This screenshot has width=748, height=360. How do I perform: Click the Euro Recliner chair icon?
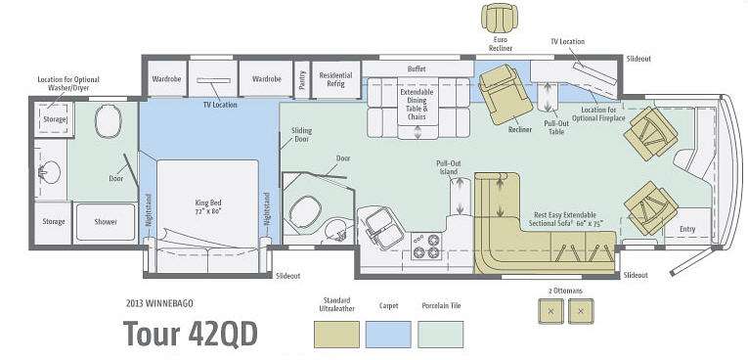point(499,18)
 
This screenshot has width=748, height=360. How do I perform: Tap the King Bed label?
point(208,206)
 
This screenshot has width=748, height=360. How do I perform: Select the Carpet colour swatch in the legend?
point(388,335)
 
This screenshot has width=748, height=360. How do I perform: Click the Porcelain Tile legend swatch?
point(440,335)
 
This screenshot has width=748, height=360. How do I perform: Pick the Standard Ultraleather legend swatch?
point(336,335)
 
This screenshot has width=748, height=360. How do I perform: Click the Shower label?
point(106,222)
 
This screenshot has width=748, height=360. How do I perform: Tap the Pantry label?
point(302,79)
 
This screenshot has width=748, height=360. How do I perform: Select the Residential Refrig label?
point(335,79)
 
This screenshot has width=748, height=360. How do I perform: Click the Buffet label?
point(417,68)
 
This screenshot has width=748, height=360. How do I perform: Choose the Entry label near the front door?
point(687,229)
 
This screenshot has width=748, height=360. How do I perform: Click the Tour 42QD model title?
point(191,333)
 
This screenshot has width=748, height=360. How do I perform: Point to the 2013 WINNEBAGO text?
point(160,302)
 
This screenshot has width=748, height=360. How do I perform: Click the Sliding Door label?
point(301,135)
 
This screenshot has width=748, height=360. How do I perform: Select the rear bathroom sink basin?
point(50,172)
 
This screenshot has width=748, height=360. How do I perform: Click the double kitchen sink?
point(381,228)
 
